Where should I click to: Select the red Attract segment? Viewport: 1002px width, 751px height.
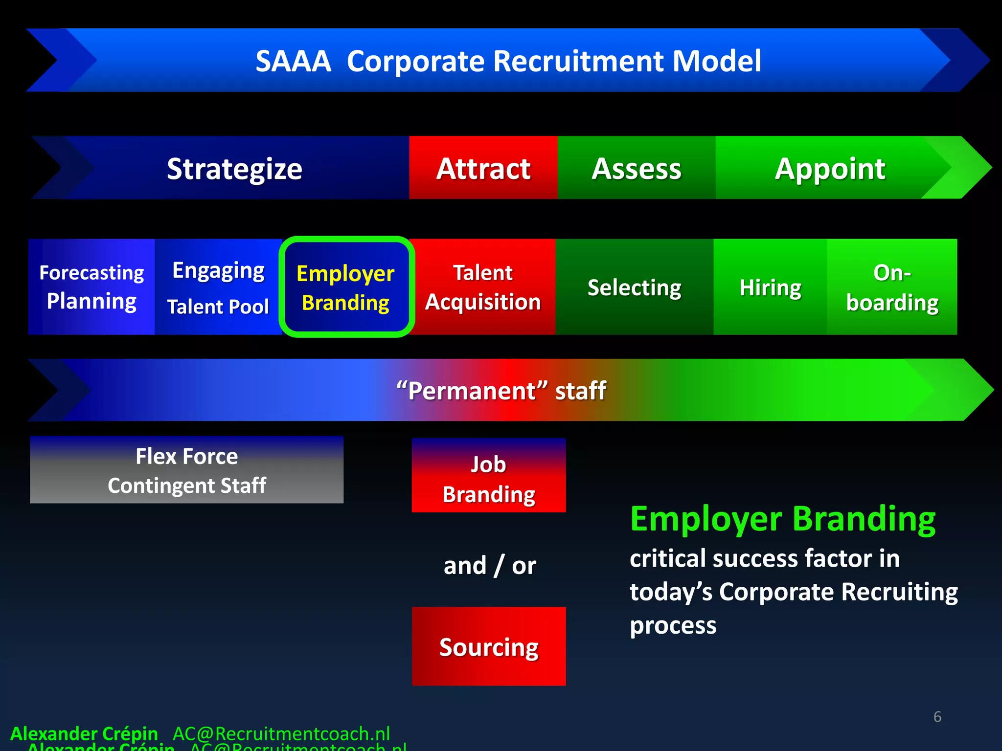(483, 168)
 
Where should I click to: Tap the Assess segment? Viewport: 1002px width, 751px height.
(636, 168)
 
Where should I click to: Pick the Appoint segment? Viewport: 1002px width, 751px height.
(830, 168)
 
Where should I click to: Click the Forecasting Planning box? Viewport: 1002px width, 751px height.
(91, 287)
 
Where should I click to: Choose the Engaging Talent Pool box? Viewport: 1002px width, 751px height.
(218, 287)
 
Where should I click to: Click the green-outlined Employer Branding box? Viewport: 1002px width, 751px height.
(346, 287)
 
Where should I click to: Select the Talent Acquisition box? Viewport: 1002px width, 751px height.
(483, 287)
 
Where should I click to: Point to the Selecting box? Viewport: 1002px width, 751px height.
(634, 287)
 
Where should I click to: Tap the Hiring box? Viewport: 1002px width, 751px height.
(770, 287)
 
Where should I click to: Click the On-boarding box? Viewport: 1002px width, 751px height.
(892, 287)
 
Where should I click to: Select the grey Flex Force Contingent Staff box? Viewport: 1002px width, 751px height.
(186, 470)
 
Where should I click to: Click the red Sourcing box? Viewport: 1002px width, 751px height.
(488, 646)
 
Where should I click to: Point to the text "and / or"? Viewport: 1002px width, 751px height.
(489, 566)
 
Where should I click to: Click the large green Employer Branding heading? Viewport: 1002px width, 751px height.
(782, 519)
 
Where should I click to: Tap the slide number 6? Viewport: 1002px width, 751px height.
(937, 717)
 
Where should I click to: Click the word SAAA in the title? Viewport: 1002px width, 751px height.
(293, 61)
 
